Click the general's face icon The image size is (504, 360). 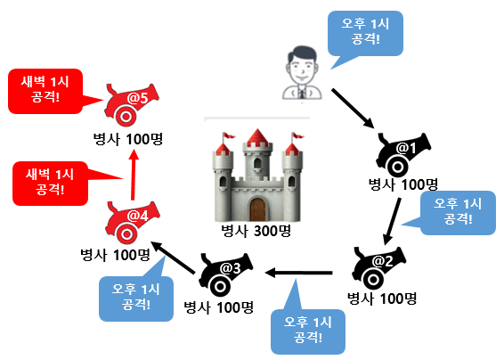[x=300, y=65]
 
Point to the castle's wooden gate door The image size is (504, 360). [x=257, y=209]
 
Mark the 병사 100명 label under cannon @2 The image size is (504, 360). [x=381, y=298]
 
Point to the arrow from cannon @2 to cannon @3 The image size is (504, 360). [x=303, y=271]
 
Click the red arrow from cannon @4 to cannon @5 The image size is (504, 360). [x=133, y=175]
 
